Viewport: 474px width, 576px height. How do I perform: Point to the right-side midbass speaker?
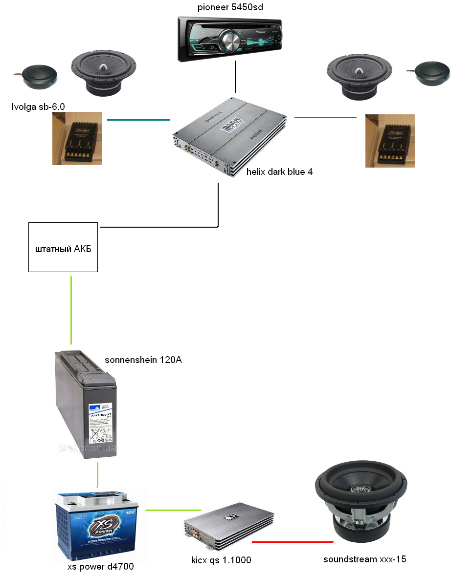pos(360,74)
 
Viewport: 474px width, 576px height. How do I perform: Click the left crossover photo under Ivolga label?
pos(77,138)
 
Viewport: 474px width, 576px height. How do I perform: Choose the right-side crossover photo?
pos(390,141)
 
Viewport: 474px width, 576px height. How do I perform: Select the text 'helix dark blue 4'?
pos(279,172)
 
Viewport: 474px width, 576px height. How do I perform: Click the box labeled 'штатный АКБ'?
pos(63,247)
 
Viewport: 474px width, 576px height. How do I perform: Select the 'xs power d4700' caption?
pos(100,567)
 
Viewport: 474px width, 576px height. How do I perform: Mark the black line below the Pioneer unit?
pos(235,77)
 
